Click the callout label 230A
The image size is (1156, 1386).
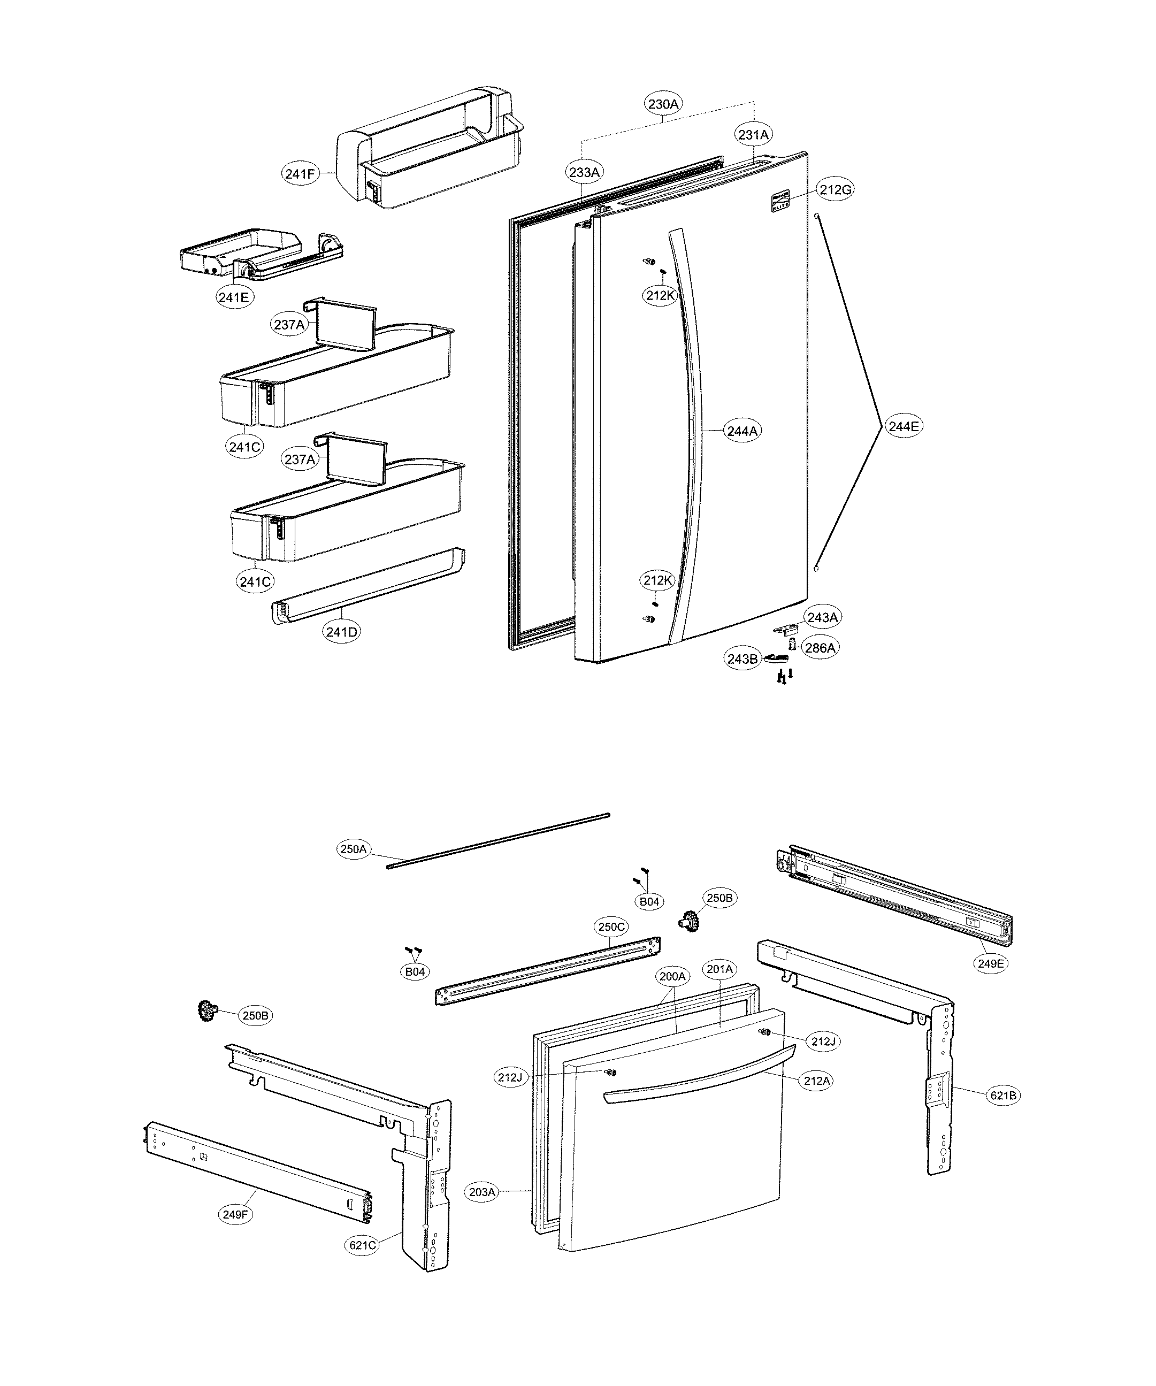coord(663,104)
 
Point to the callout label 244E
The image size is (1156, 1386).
coord(903,426)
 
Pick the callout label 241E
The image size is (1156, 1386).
coord(234,297)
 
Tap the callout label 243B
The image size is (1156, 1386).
coord(742,658)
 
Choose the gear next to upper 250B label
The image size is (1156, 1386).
coord(688,920)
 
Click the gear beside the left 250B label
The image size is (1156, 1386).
coord(208,1011)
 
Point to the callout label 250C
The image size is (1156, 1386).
coord(611,926)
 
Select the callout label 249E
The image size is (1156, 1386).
coord(990,963)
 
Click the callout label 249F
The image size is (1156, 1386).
coord(236,1214)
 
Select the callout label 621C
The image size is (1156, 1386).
coord(363,1245)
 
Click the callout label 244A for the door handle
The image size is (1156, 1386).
coord(742,431)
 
